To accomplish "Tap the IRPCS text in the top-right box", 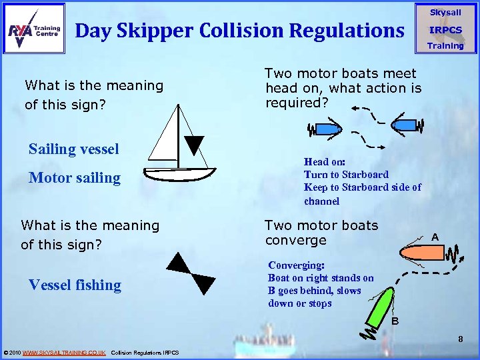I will coord(445,30).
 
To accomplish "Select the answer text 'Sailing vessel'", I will coord(73,149).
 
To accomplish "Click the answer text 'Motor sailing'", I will coord(74,178).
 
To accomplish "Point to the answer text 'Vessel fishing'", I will coord(75,285).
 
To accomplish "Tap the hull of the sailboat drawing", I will coord(180,173).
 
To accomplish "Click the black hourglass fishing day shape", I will coord(191,273).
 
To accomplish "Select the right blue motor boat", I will coord(404,123).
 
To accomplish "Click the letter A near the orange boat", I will coord(434,237).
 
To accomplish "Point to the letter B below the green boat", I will coord(395,321).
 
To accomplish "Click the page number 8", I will coord(460,340).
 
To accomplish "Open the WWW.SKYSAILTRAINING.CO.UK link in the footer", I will coord(64,352).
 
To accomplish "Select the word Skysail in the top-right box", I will coord(445,13).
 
